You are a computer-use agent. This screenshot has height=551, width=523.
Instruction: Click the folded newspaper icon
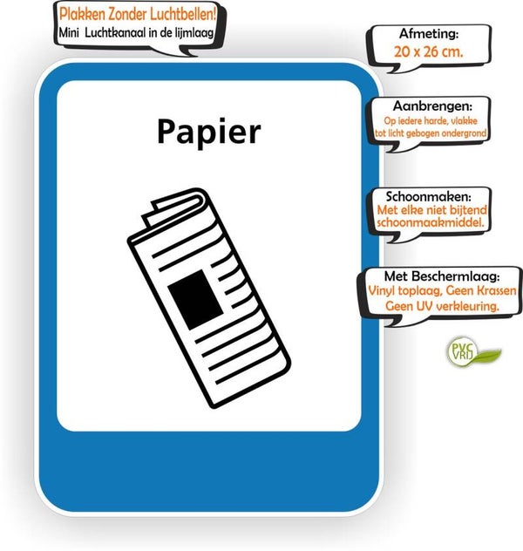[208, 296]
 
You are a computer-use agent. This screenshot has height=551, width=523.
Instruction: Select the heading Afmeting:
[428, 35]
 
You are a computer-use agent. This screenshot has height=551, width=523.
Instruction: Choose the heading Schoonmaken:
[426, 195]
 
